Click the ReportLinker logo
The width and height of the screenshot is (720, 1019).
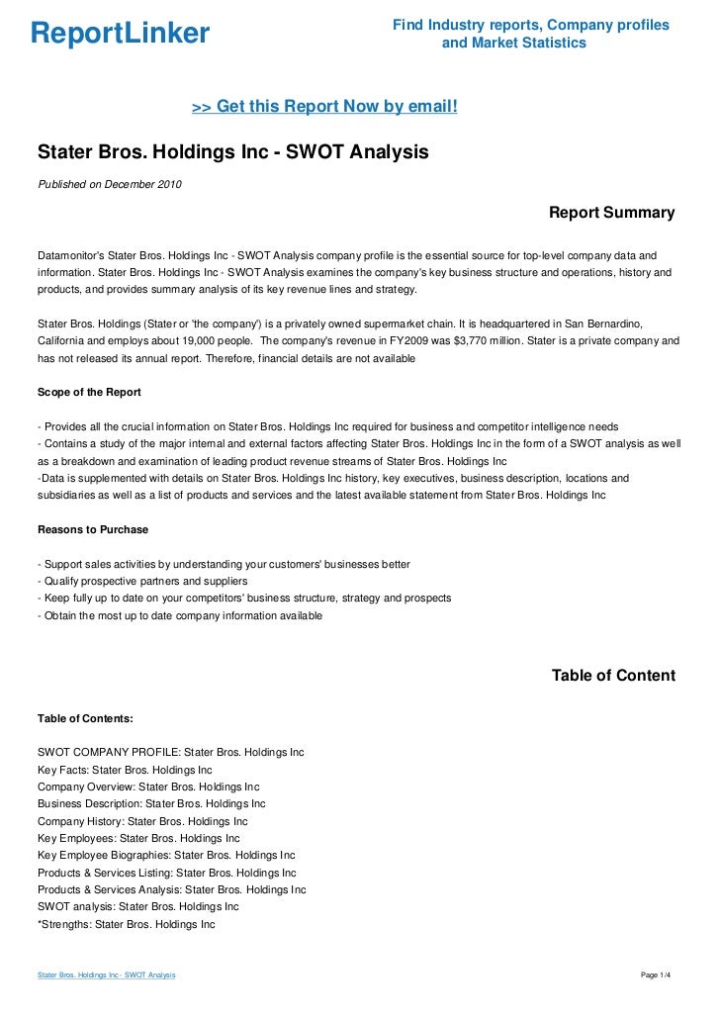tap(120, 34)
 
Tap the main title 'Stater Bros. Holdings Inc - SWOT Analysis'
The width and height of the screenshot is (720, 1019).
tap(232, 153)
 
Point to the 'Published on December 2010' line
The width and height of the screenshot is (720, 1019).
tap(109, 183)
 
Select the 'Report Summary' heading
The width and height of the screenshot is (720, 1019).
tap(611, 213)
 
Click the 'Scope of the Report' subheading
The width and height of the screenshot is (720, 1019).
tap(89, 392)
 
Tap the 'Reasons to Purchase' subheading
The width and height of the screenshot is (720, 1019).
tap(92, 529)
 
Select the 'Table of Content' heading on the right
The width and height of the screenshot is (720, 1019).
tap(613, 676)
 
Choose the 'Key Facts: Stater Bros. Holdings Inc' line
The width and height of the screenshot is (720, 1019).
tap(125, 769)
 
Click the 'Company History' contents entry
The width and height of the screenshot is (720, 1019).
tap(142, 821)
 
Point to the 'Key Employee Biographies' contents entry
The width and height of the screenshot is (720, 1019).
tap(166, 855)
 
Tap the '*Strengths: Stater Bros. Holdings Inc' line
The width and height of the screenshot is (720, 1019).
tap(126, 924)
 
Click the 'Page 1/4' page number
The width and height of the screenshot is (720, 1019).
tap(656, 975)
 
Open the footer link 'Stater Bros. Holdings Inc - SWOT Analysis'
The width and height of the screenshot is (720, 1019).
tap(106, 975)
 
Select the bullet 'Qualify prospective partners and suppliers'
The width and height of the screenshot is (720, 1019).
tap(141, 581)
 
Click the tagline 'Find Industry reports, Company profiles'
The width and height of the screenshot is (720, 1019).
tap(531, 25)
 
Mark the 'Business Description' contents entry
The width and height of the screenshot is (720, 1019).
tap(151, 803)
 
